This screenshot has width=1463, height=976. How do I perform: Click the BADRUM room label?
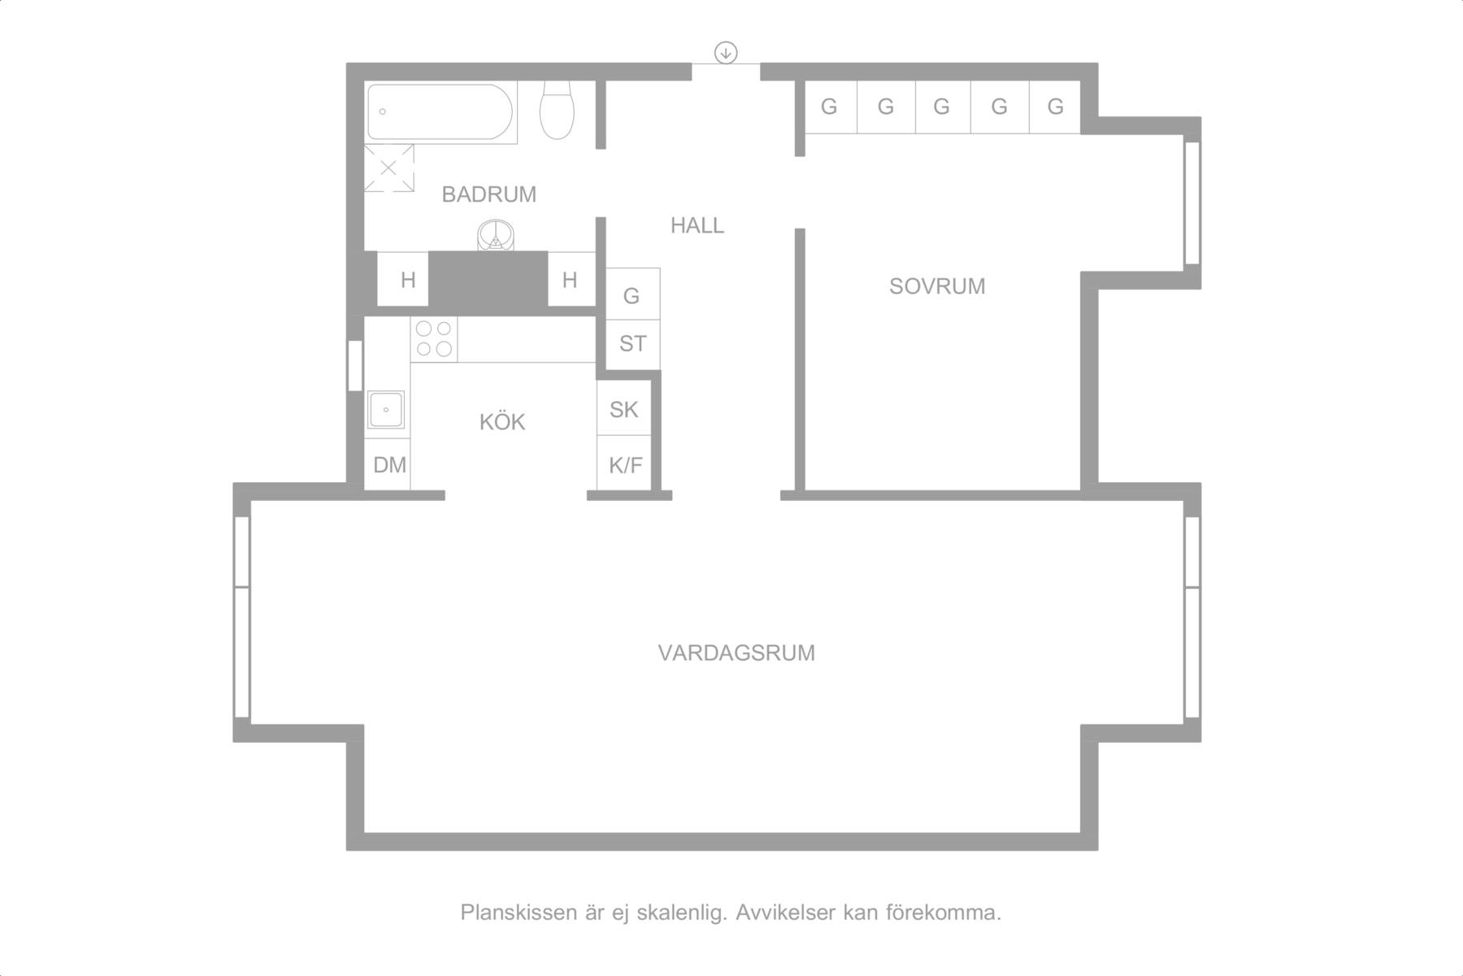pyautogui.click(x=488, y=194)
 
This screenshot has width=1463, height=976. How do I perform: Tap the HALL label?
pyautogui.click(x=697, y=225)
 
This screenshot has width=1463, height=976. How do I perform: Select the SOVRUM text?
pyautogui.click(x=936, y=286)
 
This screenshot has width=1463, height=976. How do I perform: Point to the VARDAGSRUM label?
pyautogui.click(x=736, y=653)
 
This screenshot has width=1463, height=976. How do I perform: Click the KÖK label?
pyautogui.click(x=502, y=421)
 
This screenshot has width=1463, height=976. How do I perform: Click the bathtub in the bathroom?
pyautogui.click(x=440, y=113)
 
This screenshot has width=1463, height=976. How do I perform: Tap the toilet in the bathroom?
pyautogui.click(x=558, y=110)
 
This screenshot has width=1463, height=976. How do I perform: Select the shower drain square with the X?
pyautogui.click(x=389, y=168)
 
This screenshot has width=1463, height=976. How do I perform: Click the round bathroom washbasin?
pyautogui.click(x=495, y=236)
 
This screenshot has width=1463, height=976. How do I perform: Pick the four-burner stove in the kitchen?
pyautogui.click(x=434, y=339)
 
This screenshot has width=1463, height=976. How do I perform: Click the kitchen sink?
pyautogui.click(x=386, y=409)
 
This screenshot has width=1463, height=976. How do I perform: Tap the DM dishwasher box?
pyautogui.click(x=388, y=464)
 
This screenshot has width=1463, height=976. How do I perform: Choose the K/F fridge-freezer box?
pyautogui.click(x=624, y=464)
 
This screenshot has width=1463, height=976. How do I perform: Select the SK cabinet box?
pyautogui.click(x=624, y=408)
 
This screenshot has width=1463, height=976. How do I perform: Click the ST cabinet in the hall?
pyautogui.click(x=632, y=343)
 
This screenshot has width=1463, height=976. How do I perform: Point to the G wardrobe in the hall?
pyautogui.click(x=632, y=294)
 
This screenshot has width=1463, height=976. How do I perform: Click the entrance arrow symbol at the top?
pyautogui.click(x=725, y=53)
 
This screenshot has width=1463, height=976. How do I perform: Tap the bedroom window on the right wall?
pyautogui.click(x=1192, y=203)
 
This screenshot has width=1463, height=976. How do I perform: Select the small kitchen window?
pyautogui.click(x=355, y=365)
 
